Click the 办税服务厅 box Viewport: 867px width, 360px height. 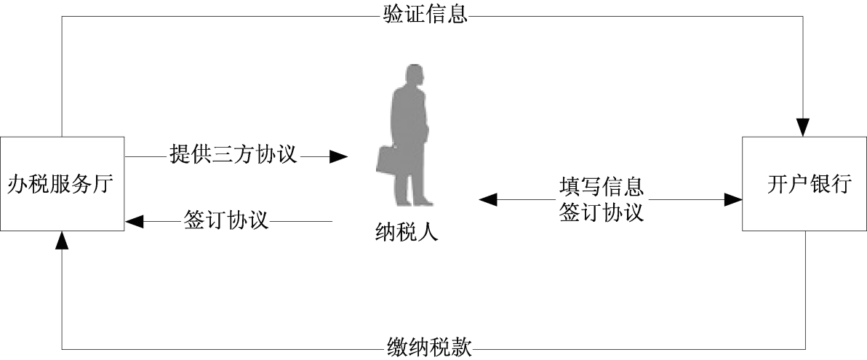click(x=63, y=183)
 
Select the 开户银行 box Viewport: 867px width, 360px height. click(x=804, y=183)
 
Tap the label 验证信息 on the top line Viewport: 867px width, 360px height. click(x=425, y=13)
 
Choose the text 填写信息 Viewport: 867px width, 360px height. click(x=602, y=187)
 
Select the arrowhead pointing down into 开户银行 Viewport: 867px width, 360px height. click(x=804, y=129)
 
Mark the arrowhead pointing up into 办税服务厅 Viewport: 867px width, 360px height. click(x=63, y=238)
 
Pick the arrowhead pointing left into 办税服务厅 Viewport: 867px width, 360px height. click(x=135, y=220)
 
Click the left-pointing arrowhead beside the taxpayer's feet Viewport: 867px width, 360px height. click(x=487, y=199)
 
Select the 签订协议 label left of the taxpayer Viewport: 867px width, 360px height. click(x=226, y=220)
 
